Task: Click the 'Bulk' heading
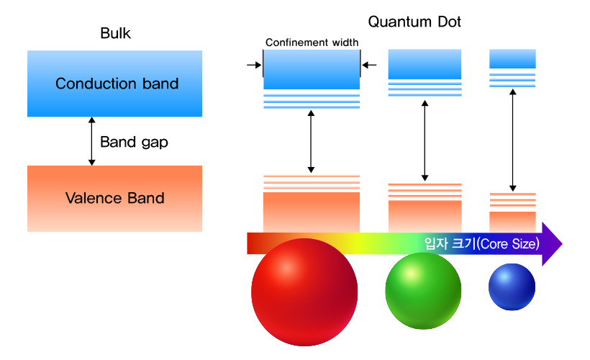click(116, 33)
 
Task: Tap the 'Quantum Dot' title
click(414, 22)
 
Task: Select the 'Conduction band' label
click(117, 84)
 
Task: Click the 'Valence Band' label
click(115, 198)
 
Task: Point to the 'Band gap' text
click(134, 142)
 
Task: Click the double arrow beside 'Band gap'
click(91, 141)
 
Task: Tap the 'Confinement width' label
click(312, 42)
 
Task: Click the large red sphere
click(304, 292)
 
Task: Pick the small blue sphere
click(512, 287)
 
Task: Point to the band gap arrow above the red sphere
click(311, 142)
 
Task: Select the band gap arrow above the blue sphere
click(512, 140)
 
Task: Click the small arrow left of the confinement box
click(253, 66)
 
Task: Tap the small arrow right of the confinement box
click(369, 66)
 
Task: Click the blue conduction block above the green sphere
click(425, 64)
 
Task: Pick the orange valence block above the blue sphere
click(512, 222)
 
